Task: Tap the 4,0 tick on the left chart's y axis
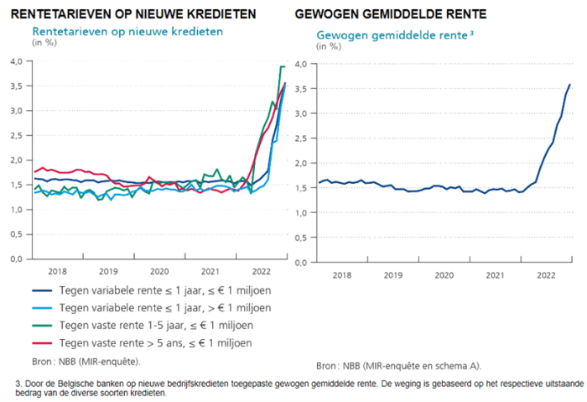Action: pyautogui.click(x=15, y=61)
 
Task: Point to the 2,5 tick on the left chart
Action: pyautogui.click(x=15, y=135)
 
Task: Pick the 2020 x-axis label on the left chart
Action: pyautogui.click(x=159, y=271)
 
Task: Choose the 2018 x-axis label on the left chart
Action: pyautogui.click(x=58, y=271)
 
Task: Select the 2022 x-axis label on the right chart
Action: pyautogui.click(x=546, y=274)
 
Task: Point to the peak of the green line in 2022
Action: pyautogui.click(x=283, y=66)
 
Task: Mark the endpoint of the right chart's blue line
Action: pyautogui.click(x=569, y=84)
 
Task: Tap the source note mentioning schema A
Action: pyautogui.click(x=398, y=366)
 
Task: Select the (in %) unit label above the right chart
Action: pyautogui.click(x=329, y=45)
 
